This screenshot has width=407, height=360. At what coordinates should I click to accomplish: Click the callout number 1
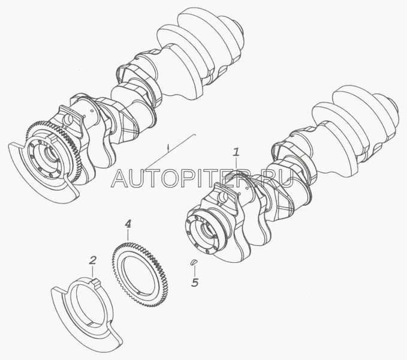pyautogui.click(x=236, y=152)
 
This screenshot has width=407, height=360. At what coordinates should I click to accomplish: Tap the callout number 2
pyautogui.click(x=93, y=260)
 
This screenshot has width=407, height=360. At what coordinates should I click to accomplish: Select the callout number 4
pyautogui.click(x=128, y=224)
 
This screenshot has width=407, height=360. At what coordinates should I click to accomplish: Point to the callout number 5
pyautogui.click(x=195, y=282)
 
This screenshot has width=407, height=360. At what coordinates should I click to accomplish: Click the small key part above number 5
pyautogui.click(x=194, y=262)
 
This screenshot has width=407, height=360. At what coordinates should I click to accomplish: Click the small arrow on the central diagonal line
pyautogui.click(x=168, y=148)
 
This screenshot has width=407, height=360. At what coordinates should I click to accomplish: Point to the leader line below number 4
pyautogui.click(x=128, y=235)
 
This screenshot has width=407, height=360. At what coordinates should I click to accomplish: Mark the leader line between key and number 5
pyautogui.click(x=194, y=271)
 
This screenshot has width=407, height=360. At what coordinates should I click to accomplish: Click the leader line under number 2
pyautogui.click(x=93, y=272)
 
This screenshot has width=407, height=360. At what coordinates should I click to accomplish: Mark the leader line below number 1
pyautogui.click(x=236, y=164)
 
